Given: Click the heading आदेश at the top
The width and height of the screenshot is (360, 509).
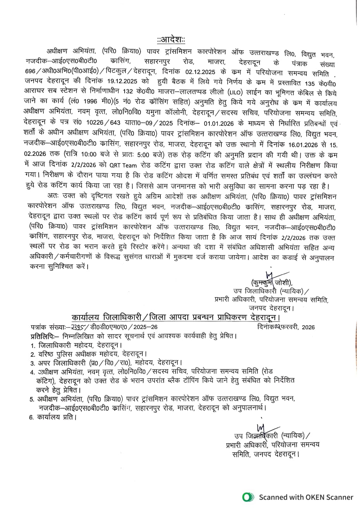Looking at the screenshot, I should pyautogui.click(x=171, y=40).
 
